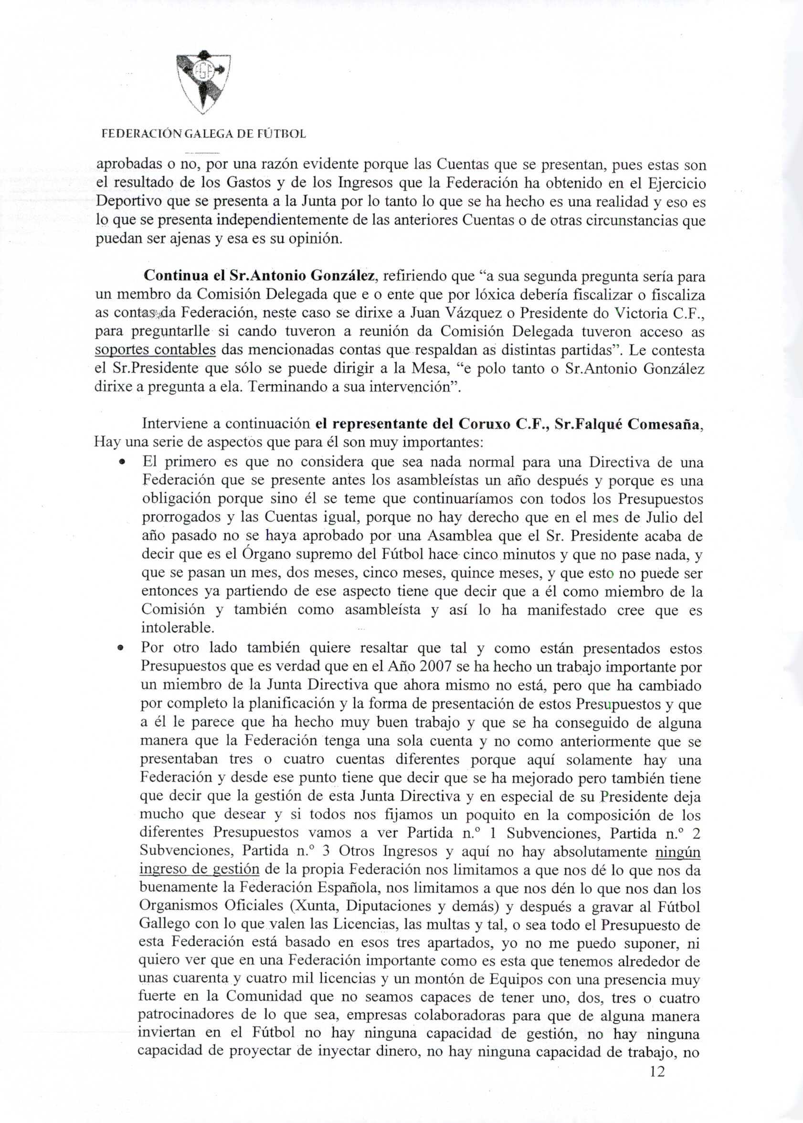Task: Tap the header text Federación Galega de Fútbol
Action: point(203,134)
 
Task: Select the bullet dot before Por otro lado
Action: point(121,648)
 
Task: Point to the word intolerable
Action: point(170,628)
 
